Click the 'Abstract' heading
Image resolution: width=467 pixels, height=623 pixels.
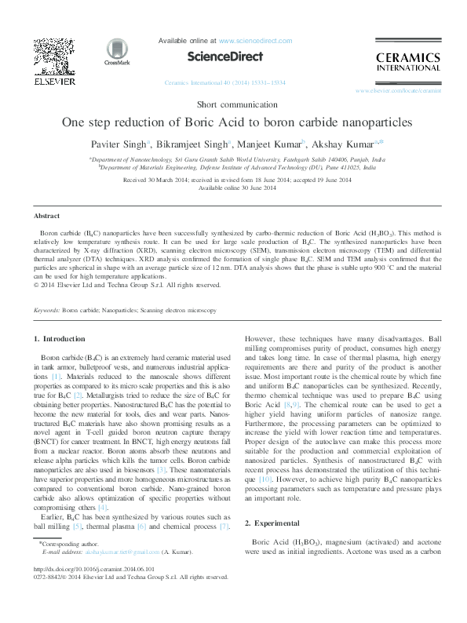point(48,215)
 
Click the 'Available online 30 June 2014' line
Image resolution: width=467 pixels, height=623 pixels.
point(233,188)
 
